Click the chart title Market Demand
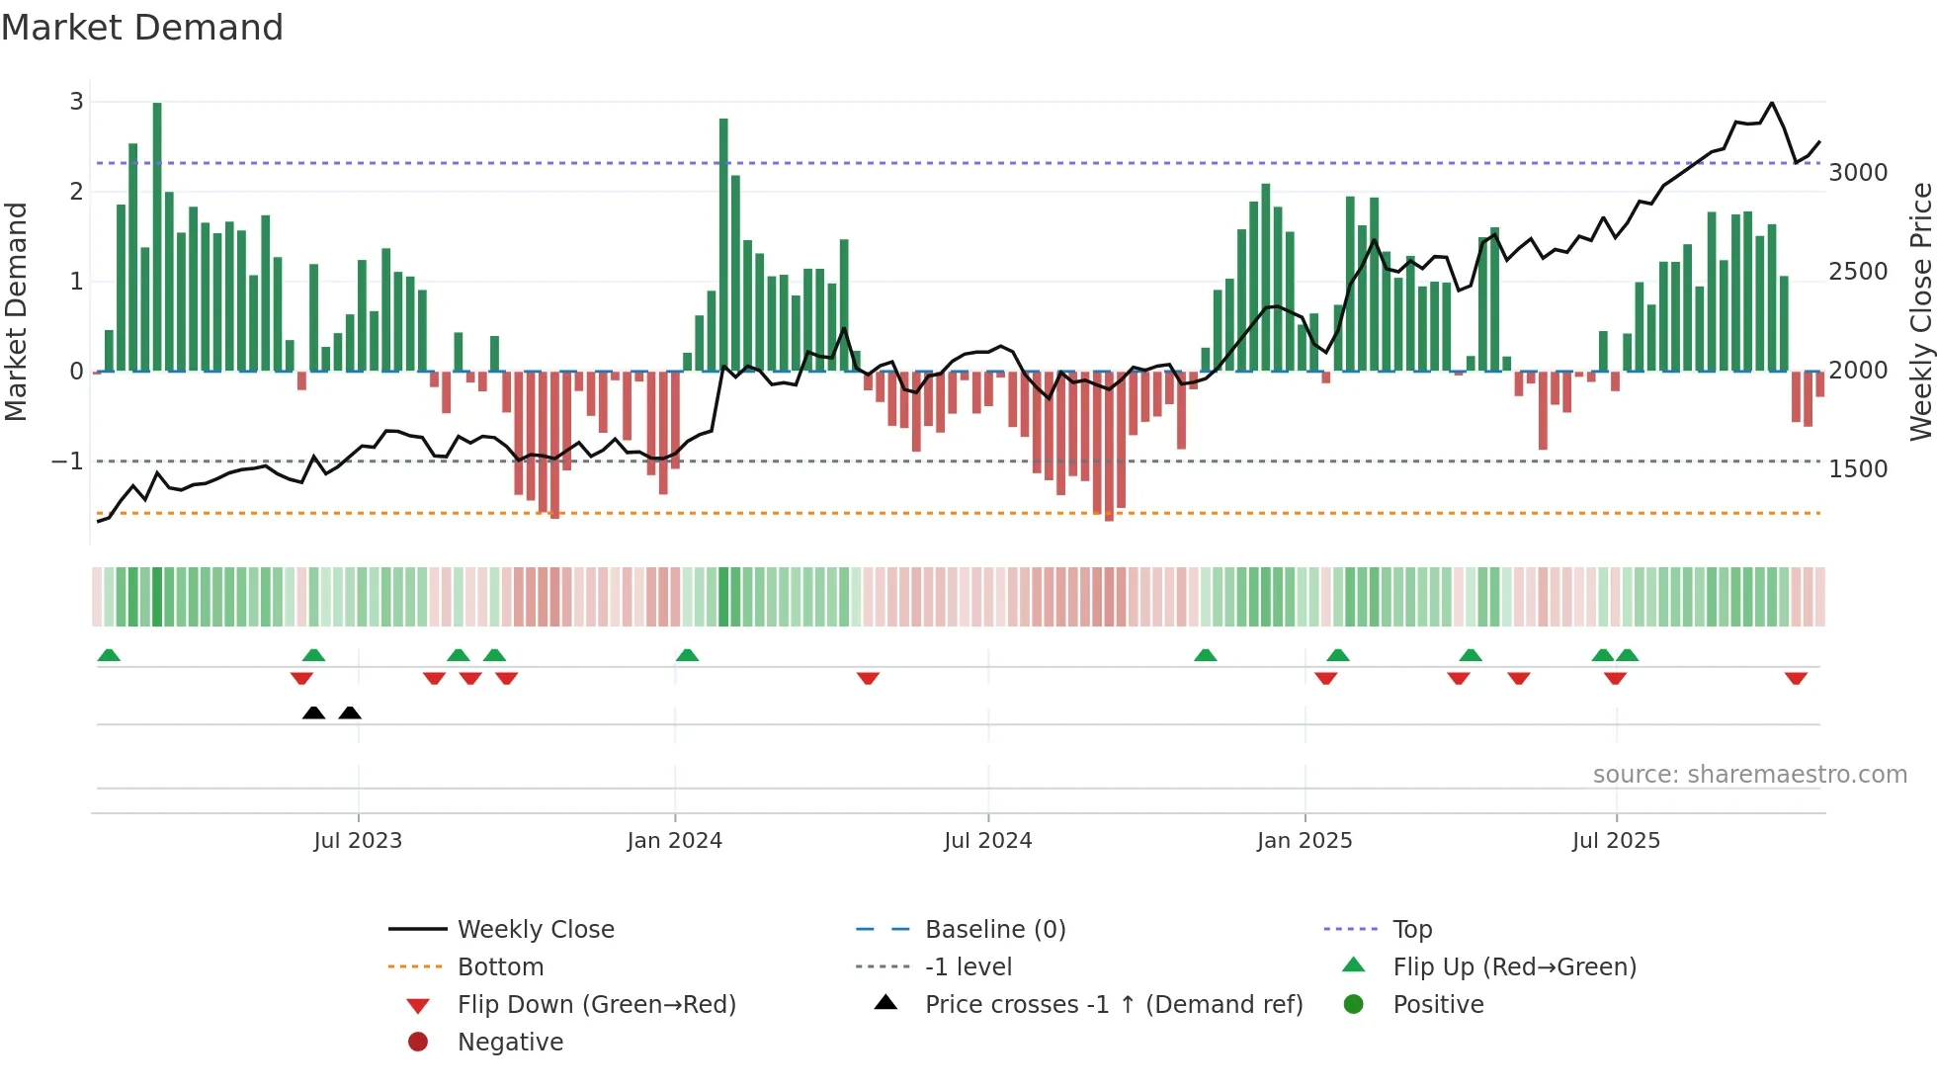pos(142,28)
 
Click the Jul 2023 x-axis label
pos(358,841)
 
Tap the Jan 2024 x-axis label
pos(675,841)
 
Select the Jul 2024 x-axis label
pos(988,841)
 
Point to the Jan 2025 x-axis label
pos(1305,841)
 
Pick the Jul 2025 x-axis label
pos(1617,841)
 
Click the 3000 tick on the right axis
pos(1858,173)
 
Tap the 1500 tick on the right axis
pos(1858,469)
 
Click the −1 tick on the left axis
pos(67,461)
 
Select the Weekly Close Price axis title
pos(1920,311)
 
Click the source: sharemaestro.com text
pos(1749,775)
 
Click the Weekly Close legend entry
pos(535,930)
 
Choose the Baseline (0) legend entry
pos(994,930)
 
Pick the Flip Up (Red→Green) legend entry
pos(1514,967)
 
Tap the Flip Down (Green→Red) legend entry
pos(596,1005)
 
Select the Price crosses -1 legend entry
pos(1113,1005)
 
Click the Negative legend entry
pos(510,1043)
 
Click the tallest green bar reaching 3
pos(157,237)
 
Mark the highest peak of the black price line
pos(1772,103)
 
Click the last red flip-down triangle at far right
pos(1796,678)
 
